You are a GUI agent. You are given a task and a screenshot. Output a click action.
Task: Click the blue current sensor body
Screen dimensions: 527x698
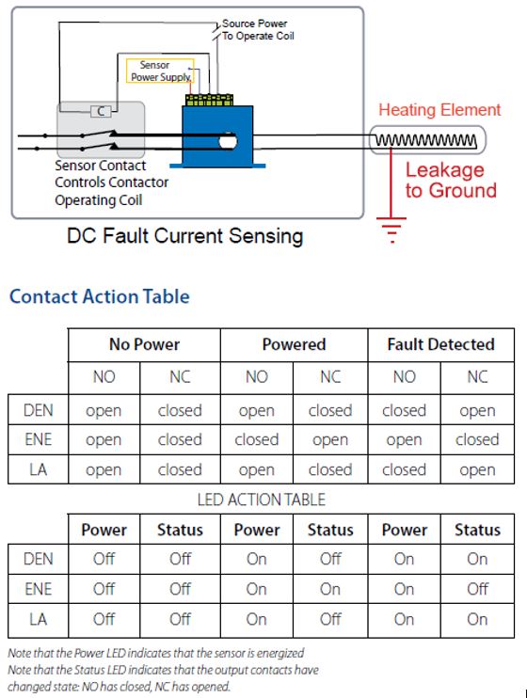(x=217, y=135)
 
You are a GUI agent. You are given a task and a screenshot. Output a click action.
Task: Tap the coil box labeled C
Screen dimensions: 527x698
(x=101, y=111)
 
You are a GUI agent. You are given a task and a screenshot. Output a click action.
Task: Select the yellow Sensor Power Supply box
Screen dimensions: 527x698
(x=160, y=71)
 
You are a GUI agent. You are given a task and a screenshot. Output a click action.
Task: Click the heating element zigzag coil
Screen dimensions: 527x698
(x=426, y=140)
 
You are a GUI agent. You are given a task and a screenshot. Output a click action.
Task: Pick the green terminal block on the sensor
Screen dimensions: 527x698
(x=209, y=100)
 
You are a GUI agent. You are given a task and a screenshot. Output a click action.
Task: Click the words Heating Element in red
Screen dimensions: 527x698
(x=439, y=109)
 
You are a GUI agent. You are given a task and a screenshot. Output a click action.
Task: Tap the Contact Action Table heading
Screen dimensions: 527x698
(x=100, y=296)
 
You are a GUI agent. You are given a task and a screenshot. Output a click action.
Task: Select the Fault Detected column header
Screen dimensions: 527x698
(x=441, y=344)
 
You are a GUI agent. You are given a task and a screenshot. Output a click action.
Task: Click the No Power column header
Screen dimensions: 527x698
(x=144, y=344)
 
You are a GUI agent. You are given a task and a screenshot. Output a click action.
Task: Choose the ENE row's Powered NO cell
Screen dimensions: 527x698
(x=257, y=440)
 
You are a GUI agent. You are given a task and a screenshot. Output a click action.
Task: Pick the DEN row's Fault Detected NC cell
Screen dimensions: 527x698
(x=477, y=410)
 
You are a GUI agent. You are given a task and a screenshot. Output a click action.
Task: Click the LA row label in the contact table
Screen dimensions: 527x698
(x=39, y=469)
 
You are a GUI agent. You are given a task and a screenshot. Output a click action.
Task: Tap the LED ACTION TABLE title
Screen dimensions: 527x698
(x=262, y=500)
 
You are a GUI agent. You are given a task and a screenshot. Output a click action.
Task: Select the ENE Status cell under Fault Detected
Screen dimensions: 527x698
(x=477, y=589)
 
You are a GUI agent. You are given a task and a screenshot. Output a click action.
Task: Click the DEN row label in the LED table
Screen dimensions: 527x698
(x=39, y=559)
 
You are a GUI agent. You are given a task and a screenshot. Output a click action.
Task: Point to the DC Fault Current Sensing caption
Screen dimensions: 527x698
(x=184, y=236)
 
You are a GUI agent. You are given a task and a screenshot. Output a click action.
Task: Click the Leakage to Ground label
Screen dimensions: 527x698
(x=451, y=180)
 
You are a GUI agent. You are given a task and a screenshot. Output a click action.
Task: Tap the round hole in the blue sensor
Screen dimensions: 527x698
(x=227, y=142)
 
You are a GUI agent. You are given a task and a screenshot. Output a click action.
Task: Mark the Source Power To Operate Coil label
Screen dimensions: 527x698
(x=258, y=29)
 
